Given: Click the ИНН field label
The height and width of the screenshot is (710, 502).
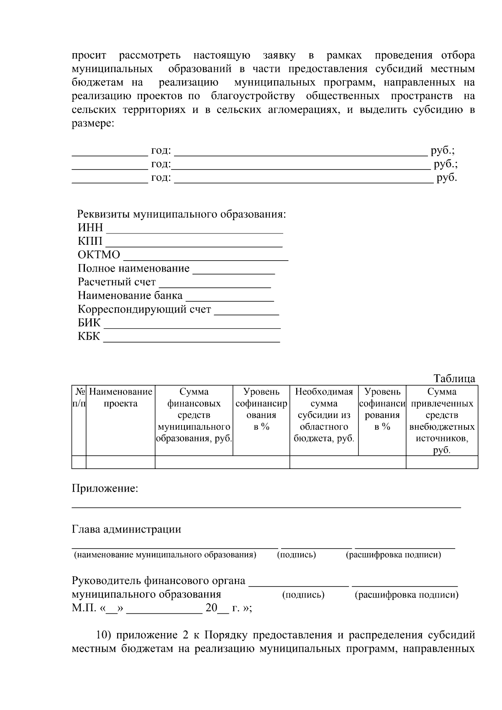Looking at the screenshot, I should [x=90, y=228].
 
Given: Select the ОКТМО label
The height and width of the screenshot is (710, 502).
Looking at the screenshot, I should [x=99, y=255].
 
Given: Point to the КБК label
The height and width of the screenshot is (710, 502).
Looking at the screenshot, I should [x=89, y=336].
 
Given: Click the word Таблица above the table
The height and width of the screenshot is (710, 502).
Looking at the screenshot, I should [x=454, y=379].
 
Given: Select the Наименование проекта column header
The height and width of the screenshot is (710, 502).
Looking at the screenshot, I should [x=120, y=398].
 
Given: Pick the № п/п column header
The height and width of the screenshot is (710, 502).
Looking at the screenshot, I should [x=79, y=398].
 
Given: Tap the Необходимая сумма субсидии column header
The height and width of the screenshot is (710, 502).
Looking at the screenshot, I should [x=324, y=415].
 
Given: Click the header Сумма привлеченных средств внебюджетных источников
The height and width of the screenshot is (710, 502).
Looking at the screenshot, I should [x=442, y=421].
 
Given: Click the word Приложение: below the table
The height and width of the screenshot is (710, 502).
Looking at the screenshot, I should [x=105, y=488].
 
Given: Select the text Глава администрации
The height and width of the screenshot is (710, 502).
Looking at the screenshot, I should [x=126, y=529].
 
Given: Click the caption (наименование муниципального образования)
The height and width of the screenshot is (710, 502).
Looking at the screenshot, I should [x=165, y=555].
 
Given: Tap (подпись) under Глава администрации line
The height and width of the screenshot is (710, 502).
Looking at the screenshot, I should [x=296, y=555].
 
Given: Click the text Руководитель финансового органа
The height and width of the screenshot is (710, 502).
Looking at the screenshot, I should [x=159, y=581].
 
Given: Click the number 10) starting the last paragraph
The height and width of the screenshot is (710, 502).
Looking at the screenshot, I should [x=103, y=635].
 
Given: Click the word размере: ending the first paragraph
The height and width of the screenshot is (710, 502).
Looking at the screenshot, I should [x=93, y=123].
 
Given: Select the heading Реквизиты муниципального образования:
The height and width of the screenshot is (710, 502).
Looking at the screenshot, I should [x=182, y=214].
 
